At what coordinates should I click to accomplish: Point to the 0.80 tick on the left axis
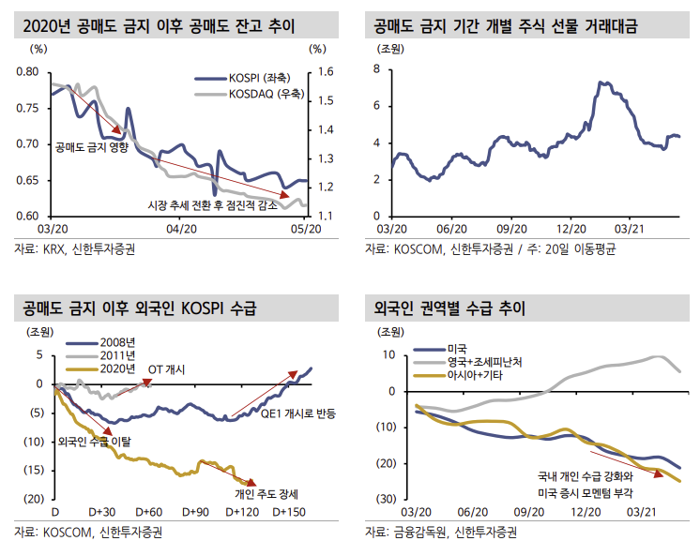pyautogui.click(x=28, y=72)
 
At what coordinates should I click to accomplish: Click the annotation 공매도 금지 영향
pyautogui.click(x=91, y=146)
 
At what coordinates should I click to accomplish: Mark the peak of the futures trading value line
pyautogui.click(x=601, y=83)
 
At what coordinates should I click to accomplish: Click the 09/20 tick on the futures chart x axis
pyautogui.click(x=511, y=227)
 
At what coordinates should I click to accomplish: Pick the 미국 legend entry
pyautogui.click(x=460, y=349)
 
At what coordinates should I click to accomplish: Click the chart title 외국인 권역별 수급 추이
pyautogui.click(x=449, y=308)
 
